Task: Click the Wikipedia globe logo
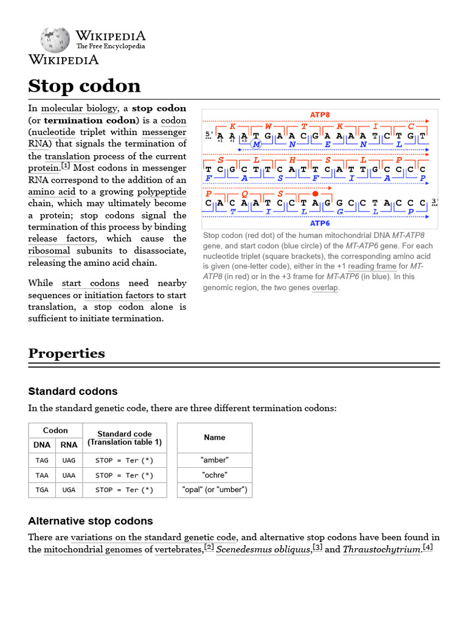(x=55, y=40)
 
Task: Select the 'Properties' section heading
(x=66, y=353)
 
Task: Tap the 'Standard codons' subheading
(x=73, y=391)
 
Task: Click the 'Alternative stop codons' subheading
(x=91, y=521)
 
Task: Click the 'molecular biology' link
(x=78, y=108)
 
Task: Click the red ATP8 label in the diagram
(x=320, y=114)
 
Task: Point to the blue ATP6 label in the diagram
(x=320, y=223)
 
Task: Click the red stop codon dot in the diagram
(x=315, y=193)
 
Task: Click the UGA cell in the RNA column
(x=69, y=490)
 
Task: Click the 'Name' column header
(x=214, y=437)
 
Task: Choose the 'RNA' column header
(x=69, y=445)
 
